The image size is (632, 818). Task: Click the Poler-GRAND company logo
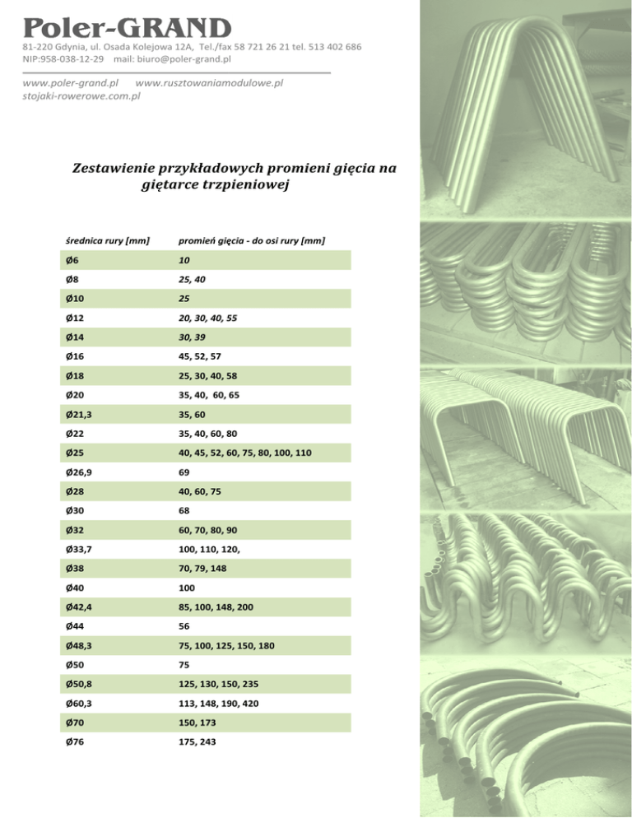click(x=128, y=27)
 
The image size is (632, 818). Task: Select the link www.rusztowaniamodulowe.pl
click(x=209, y=83)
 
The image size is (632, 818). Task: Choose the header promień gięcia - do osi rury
click(x=252, y=240)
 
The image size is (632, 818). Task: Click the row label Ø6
click(x=73, y=260)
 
